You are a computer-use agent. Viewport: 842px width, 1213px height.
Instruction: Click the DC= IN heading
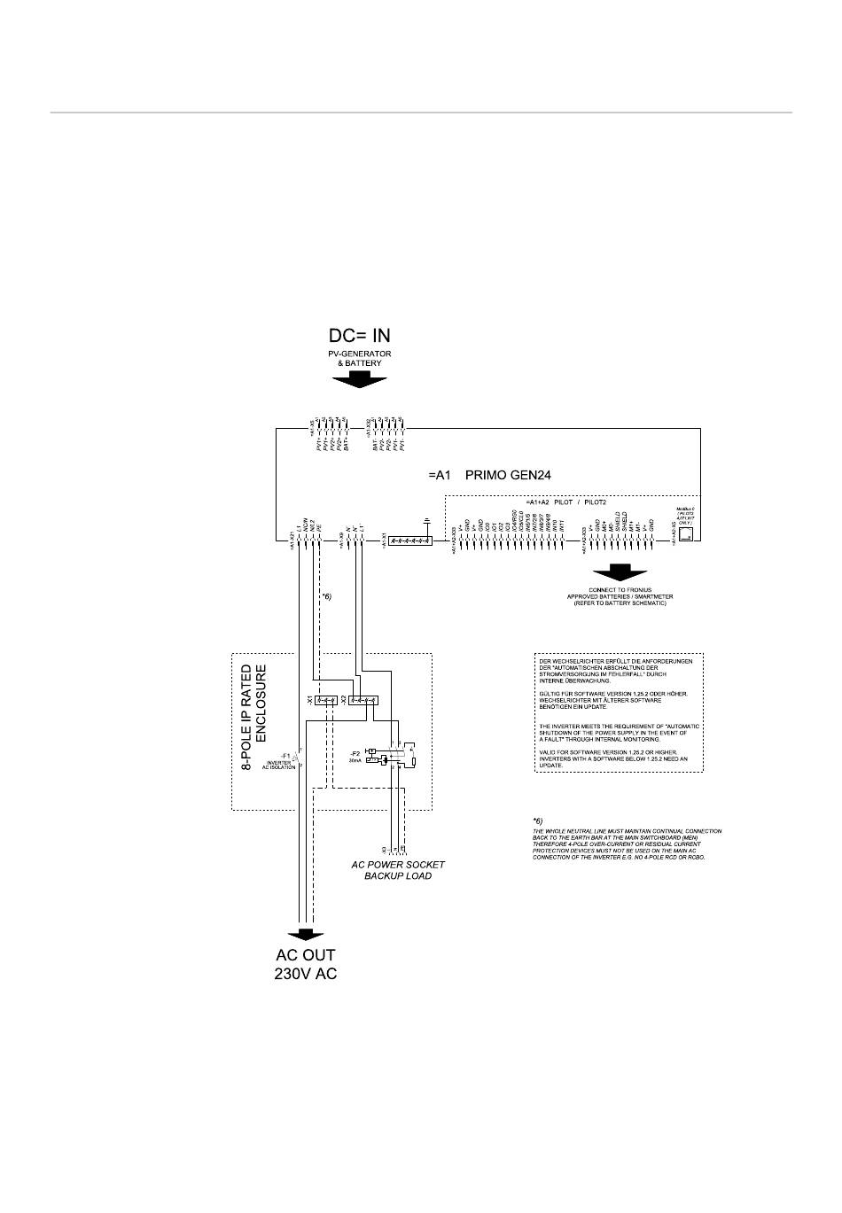359,336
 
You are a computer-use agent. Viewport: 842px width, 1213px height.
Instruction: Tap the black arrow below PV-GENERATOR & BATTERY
359,379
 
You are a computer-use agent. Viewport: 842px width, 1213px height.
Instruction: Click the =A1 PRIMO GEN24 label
489,476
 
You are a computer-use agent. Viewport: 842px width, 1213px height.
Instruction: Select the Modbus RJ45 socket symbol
685,535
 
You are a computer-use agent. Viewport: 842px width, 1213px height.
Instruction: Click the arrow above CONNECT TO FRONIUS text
620,572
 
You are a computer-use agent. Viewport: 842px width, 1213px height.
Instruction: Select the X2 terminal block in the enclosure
363,700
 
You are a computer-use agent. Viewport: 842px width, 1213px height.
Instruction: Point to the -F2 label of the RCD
355,754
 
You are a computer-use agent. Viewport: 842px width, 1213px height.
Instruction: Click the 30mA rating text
355,761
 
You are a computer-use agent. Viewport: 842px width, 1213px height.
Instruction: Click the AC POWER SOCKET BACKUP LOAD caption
397,870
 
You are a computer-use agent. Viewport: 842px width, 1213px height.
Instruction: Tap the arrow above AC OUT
306,934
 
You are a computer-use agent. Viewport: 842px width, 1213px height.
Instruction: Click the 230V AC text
306,974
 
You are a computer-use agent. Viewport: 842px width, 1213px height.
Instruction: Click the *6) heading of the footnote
538,820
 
